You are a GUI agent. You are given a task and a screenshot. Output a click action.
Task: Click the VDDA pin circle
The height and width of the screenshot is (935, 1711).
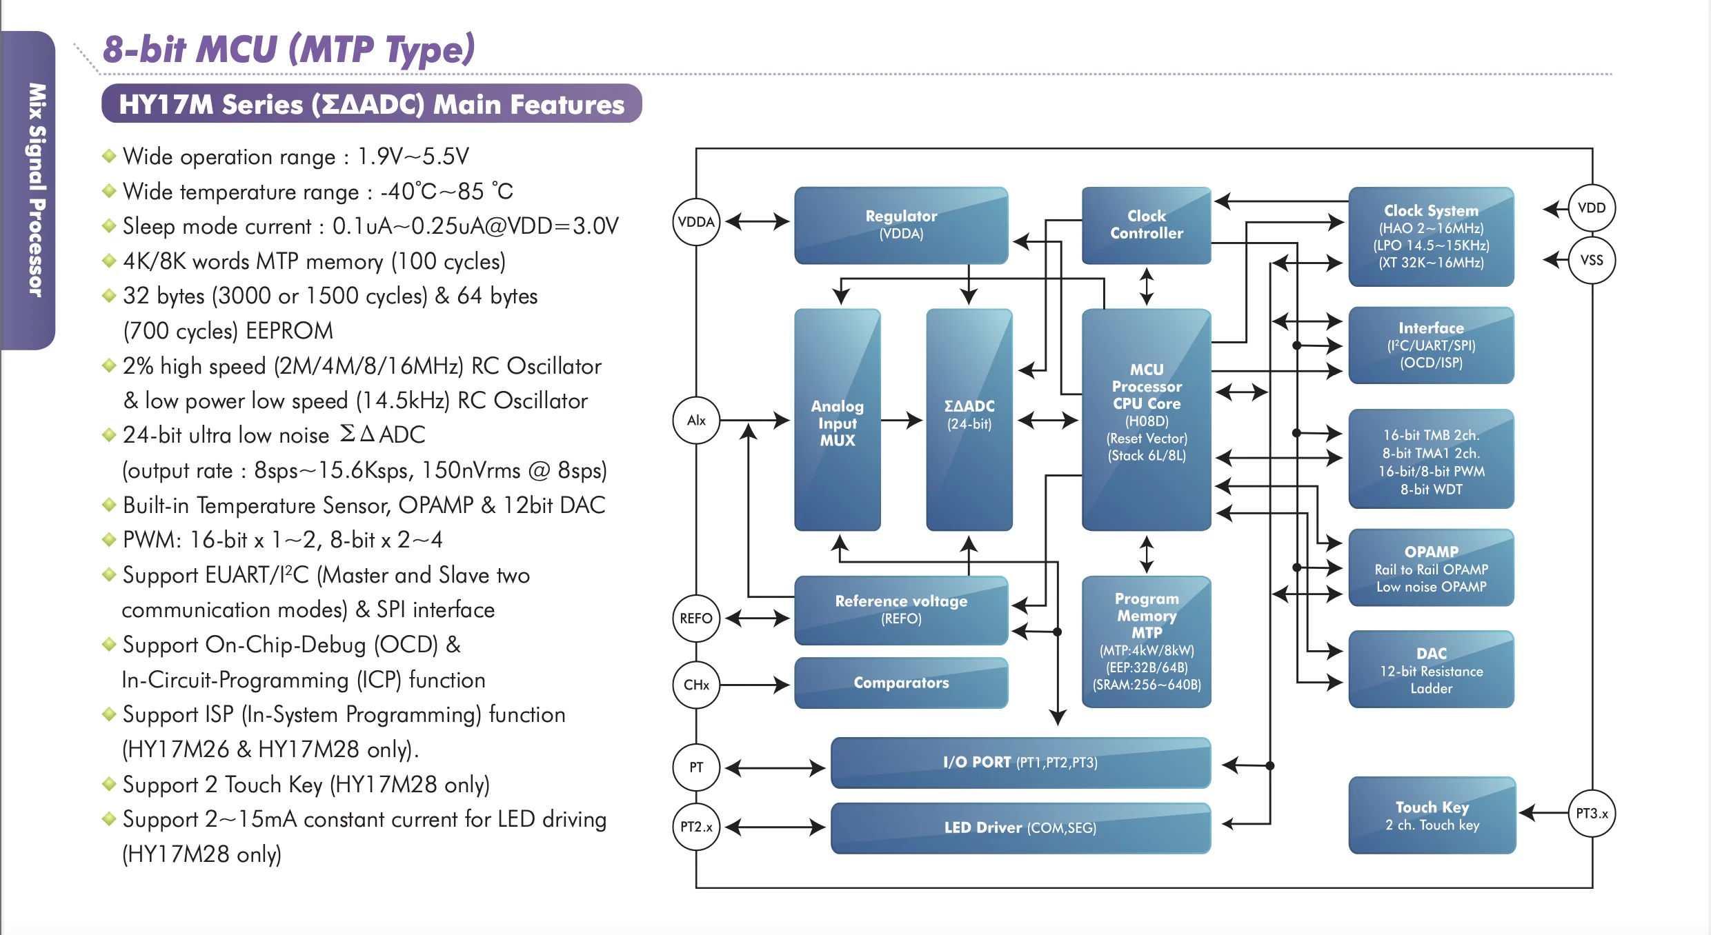[696, 222]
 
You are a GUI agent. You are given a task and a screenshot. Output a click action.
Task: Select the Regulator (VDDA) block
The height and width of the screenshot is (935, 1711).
[901, 225]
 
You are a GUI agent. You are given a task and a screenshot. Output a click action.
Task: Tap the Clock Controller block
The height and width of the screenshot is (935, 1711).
[1146, 225]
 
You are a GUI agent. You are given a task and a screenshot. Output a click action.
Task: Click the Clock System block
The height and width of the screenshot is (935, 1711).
[1431, 237]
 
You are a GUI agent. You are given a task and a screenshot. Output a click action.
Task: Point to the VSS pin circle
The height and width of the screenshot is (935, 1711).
[1592, 260]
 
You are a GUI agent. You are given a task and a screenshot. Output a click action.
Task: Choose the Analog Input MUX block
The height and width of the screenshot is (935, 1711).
[837, 421]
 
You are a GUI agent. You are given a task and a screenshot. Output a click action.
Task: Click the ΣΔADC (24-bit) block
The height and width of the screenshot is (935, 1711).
[969, 421]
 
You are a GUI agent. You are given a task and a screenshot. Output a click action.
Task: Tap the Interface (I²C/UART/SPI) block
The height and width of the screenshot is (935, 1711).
[1431, 345]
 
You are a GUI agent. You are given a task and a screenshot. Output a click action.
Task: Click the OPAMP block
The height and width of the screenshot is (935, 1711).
[1431, 568]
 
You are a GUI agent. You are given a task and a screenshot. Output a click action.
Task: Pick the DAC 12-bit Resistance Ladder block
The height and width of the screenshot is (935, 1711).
[1431, 670]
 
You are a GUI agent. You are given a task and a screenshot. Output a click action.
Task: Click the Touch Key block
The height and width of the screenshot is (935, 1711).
[1432, 815]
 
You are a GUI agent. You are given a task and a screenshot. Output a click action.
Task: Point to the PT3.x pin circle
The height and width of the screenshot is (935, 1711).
[1592, 814]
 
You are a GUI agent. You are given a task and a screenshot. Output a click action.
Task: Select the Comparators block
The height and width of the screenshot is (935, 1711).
[901, 683]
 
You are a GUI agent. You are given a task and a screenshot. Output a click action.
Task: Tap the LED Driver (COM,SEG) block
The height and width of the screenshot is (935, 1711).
[1020, 827]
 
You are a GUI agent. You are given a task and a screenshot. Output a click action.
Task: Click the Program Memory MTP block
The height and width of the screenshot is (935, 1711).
[1146, 641]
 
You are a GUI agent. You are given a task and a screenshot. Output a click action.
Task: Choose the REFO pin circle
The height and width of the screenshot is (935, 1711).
[696, 619]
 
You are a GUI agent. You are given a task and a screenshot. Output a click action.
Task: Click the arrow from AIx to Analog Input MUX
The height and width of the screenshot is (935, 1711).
[755, 420]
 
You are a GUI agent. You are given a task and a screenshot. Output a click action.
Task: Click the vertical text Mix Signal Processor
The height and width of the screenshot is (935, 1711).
[36, 190]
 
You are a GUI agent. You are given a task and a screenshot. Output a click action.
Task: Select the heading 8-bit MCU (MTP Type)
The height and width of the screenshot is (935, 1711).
[288, 50]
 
